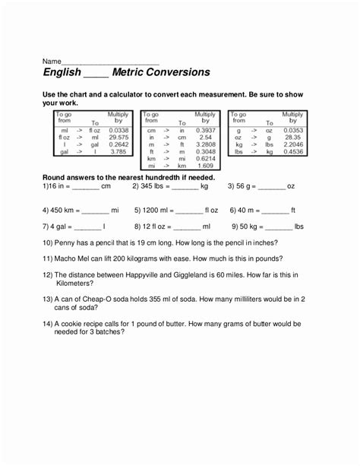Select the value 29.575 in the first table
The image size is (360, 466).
118,137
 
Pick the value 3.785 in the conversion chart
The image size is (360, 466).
118,151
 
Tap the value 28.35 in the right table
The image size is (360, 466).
292,137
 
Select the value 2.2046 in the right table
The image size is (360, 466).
292,144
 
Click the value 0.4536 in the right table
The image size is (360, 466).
292,151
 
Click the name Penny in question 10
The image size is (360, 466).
67,243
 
